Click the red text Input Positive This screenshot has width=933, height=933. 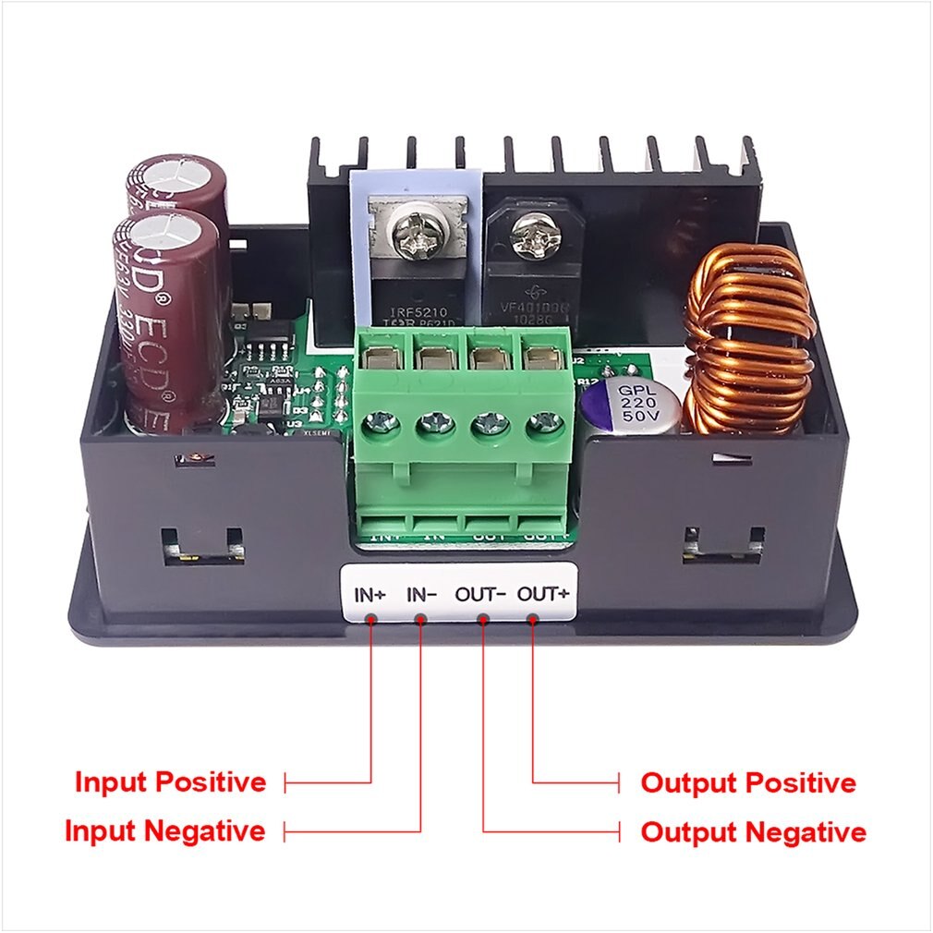point(170,782)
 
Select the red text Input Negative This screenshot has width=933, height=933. point(164,830)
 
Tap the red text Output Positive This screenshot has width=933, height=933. point(748,783)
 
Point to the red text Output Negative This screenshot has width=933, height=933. point(753,831)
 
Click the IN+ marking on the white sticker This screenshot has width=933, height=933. point(370,594)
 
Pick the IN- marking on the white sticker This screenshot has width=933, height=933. point(421,594)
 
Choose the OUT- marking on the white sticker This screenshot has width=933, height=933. point(479,594)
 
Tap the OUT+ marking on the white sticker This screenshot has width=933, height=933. point(541,594)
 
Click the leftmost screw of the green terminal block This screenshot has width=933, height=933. point(381,423)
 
